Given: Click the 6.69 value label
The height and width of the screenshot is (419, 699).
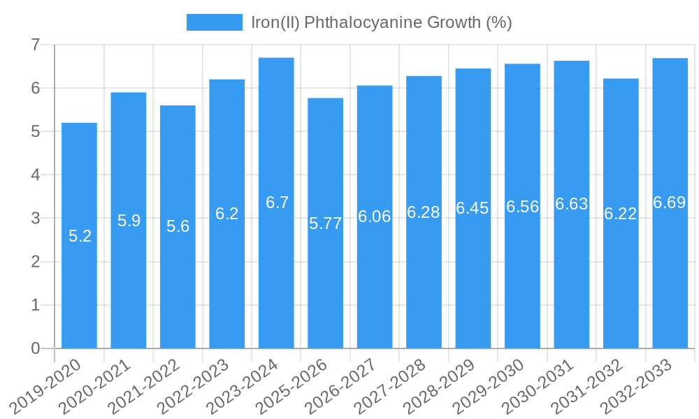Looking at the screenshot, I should point(670,203).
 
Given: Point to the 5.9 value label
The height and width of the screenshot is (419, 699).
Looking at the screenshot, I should point(129,221).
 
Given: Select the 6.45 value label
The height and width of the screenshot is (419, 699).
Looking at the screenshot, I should point(473,208).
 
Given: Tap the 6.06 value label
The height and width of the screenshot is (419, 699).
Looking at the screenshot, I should point(375,216).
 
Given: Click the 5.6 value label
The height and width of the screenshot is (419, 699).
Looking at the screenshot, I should point(178,226).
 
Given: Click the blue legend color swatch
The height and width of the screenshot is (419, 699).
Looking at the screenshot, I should point(214,22).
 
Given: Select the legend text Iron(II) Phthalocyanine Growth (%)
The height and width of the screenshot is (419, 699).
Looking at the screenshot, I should point(382,22).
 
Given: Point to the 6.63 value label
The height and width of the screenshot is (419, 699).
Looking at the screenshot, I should point(572,204).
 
